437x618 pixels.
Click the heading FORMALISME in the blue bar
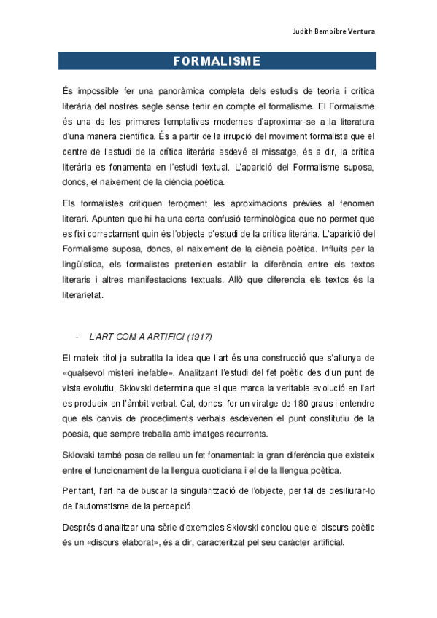click(217, 61)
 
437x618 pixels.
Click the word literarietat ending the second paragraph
click(83, 295)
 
